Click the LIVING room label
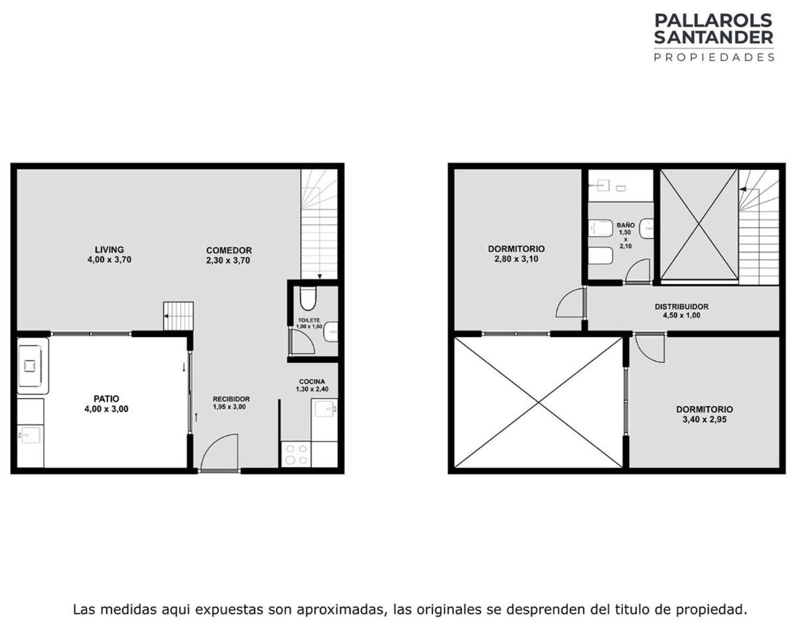tap(109, 249)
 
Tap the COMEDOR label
tap(229, 250)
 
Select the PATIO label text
tap(106, 399)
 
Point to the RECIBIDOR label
tap(232, 399)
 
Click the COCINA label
tap(312, 382)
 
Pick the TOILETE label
tap(309, 320)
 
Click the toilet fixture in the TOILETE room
tap(307, 299)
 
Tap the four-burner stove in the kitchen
tap(297, 454)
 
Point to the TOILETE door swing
tap(303, 341)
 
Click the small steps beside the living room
tap(178, 316)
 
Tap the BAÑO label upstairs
tap(626, 225)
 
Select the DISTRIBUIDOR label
tap(681, 307)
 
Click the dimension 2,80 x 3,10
tap(516, 259)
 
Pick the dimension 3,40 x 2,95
tap(704, 419)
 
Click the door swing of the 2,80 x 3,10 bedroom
tap(570, 303)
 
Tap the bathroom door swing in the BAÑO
tap(637, 271)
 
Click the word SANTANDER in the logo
tap(714, 37)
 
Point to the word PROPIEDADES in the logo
tap(714, 57)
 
